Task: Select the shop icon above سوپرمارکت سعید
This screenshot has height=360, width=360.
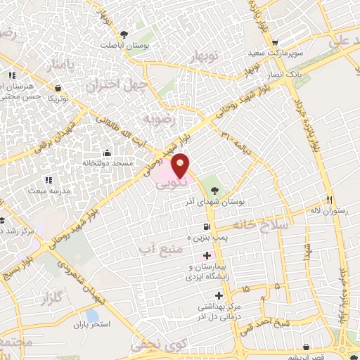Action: point(276,41)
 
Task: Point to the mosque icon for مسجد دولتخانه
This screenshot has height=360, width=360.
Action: point(106,153)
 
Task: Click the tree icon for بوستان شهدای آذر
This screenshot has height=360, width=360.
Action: point(214,190)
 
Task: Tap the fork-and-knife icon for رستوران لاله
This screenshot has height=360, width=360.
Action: point(328,199)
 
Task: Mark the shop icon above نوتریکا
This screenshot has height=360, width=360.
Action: point(56,87)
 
